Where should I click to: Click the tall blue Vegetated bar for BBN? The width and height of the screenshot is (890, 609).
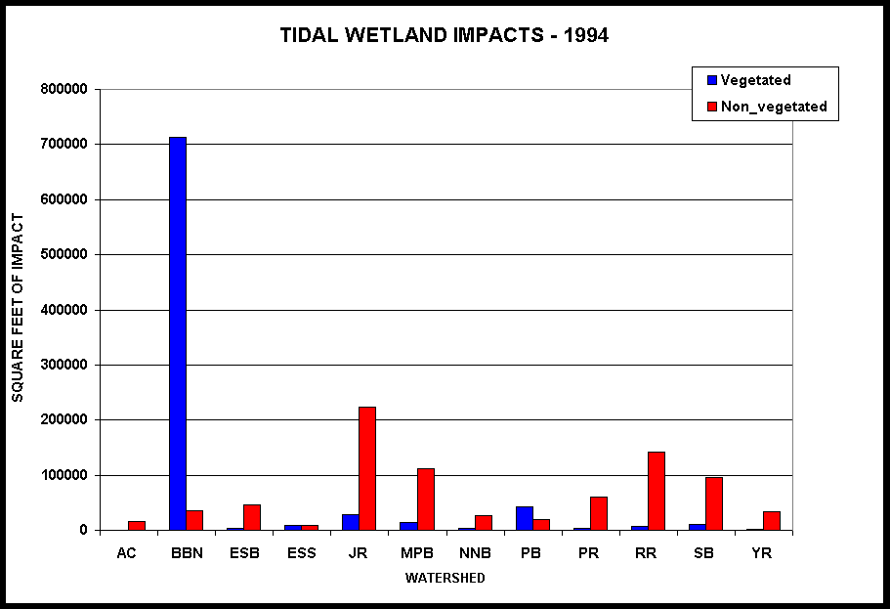tap(177, 332)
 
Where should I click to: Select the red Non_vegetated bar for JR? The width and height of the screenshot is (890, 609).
tap(367, 468)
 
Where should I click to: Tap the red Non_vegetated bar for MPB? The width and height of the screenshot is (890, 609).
tap(425, 499)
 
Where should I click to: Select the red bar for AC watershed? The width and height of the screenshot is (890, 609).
tap(137, 526)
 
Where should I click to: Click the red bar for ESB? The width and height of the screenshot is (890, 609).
tap(252, 517)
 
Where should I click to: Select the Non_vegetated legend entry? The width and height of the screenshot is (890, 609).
tap(772, 107)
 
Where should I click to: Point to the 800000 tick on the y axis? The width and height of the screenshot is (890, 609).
tap(66, 89)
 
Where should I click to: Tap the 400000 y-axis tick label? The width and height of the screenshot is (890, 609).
tap(66, 310)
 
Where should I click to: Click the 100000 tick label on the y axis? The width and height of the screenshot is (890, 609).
tap(66, 475)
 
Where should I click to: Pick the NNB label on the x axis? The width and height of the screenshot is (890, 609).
tap(474, 552)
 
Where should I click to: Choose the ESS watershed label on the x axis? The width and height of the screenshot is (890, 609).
tap(301, 552)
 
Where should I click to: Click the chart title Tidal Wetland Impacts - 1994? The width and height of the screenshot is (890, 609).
tap(445, 35)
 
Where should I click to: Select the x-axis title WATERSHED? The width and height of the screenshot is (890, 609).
tap(445, 578)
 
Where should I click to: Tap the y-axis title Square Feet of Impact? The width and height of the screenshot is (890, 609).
tap(18, 308)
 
